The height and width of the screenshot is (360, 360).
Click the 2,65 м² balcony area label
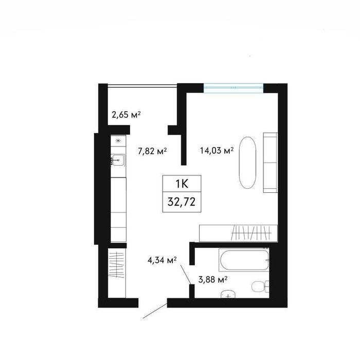[x=126, y=114]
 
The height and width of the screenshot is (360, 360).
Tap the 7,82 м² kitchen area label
[x=152, y=151]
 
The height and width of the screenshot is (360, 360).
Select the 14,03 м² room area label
[x=217, y=151]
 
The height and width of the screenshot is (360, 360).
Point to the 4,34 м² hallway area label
[x=162, y=260]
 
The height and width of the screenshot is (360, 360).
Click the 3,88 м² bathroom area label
[x=213, y=280]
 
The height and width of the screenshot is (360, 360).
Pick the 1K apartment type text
[x=182, y=184]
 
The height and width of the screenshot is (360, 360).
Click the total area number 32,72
[x=182, y=202]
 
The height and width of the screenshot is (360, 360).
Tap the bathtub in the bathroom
[x=244, y=260]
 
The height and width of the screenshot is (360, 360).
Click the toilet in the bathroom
[x=260, y=286]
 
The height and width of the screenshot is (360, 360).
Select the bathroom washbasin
[x=228, y=294]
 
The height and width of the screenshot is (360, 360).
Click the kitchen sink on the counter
[x=118, y=160]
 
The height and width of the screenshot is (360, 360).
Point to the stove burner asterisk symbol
[x=118, y=141]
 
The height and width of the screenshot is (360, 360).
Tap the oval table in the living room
[x=247, y=163]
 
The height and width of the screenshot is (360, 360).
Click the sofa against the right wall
[x=271, y=163]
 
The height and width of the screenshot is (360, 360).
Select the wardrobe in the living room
[x=239, y=233]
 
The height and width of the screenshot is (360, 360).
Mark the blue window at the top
[x=233, y=88]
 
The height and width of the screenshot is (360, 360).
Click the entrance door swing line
[x=155, y=311]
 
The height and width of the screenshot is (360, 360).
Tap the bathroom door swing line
[x=186, y=275]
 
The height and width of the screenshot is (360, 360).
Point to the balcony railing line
[x=142, y=86]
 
